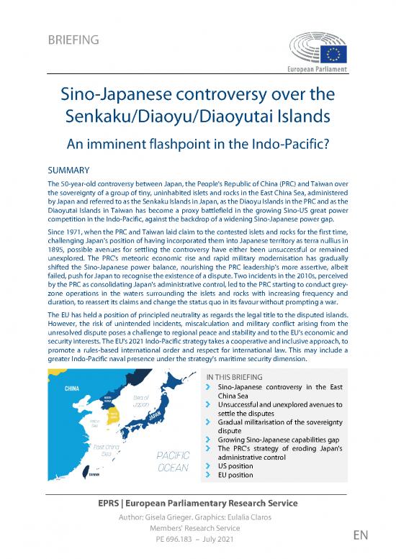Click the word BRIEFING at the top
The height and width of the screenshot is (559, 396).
click(x=73, y=39)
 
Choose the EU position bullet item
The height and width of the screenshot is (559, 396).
click(x=235, y=476)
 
